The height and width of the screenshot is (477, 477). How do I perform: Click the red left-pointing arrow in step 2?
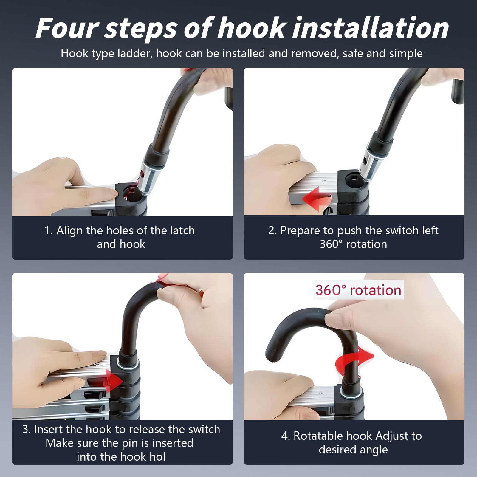click(316, 198)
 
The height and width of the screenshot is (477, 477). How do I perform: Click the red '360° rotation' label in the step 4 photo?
click(359, 290)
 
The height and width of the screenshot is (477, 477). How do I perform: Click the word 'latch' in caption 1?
click(182, 230)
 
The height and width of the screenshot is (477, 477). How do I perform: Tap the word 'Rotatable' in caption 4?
click(318, 436)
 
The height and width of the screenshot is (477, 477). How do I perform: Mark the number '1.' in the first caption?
click(49, 230)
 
